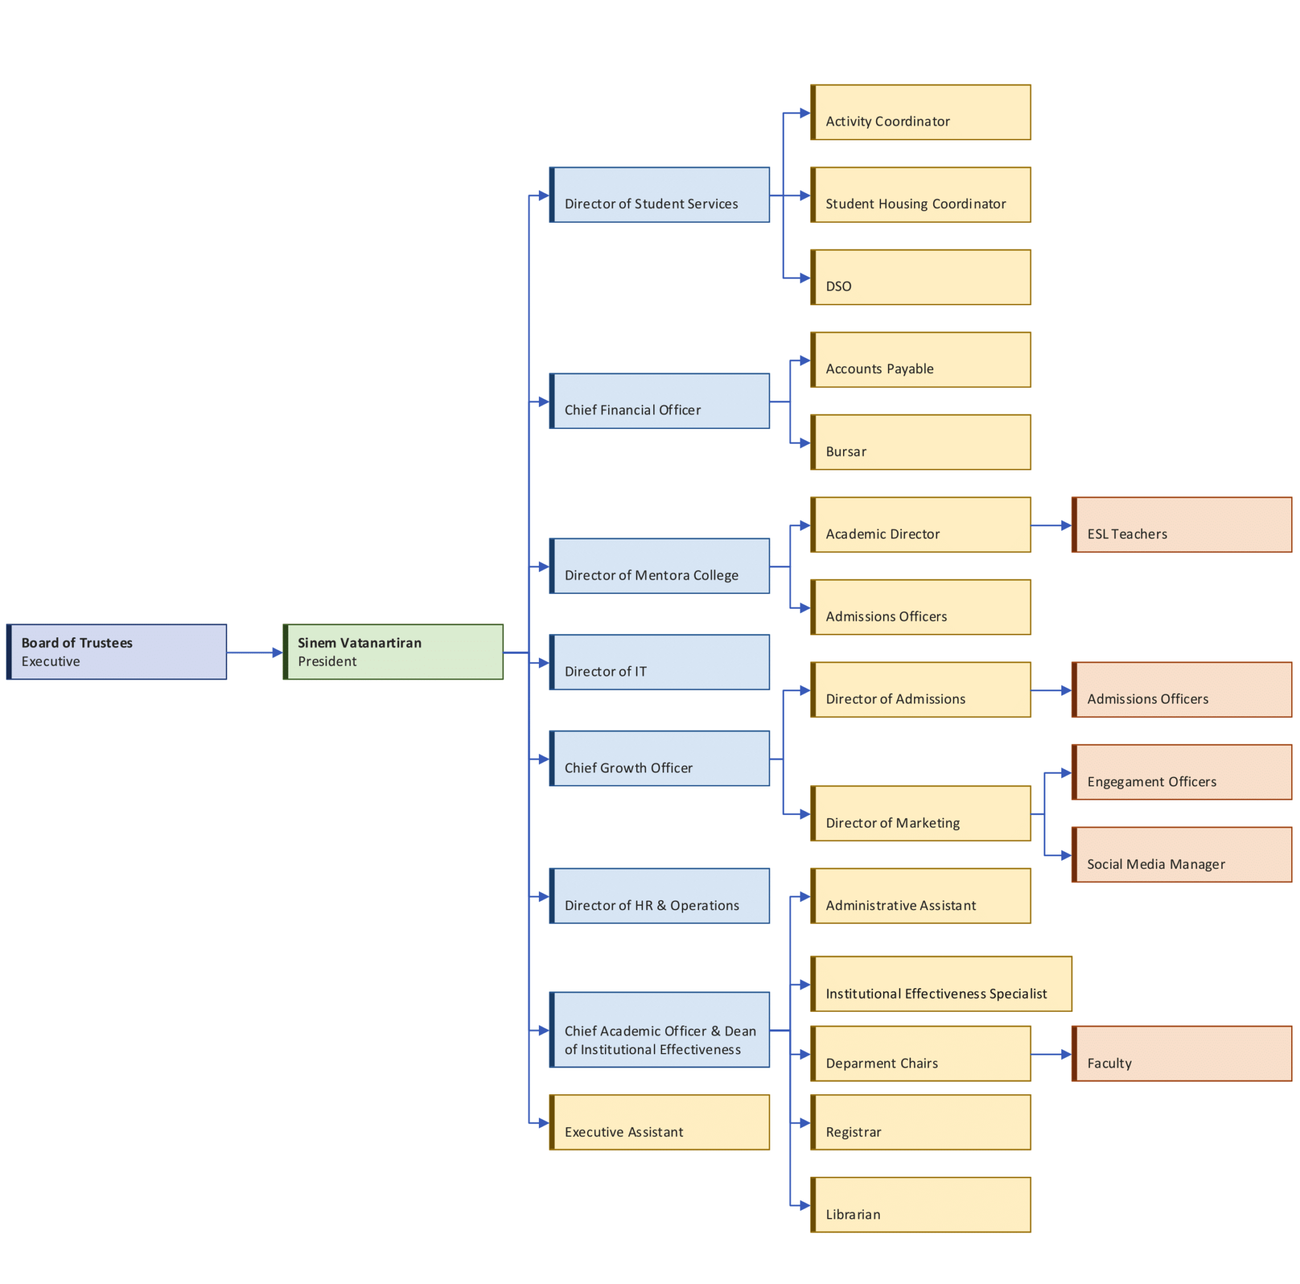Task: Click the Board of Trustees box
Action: click(116, 651)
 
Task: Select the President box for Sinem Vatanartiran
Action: click(393, 651)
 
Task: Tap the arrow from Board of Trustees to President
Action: click(255, 652)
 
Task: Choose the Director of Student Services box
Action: click(660, 194)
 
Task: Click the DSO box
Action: click(920, 277)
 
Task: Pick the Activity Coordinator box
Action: click(920, 112)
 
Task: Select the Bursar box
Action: click(920, 442)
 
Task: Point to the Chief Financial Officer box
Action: click(660, 401)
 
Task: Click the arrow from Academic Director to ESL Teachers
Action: click(1051, 526)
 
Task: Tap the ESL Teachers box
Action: click(1181, 525)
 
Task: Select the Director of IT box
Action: click(660, 662)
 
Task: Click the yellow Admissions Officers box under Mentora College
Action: click(920, 607)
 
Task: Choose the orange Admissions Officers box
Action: click(1181, 690)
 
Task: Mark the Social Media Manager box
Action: click(1181, 855)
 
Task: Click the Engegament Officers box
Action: click(1181, 772)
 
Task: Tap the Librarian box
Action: click(920, 1205)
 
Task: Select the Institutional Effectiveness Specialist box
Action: click(941, 984)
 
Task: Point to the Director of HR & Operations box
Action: click(660, 896)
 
